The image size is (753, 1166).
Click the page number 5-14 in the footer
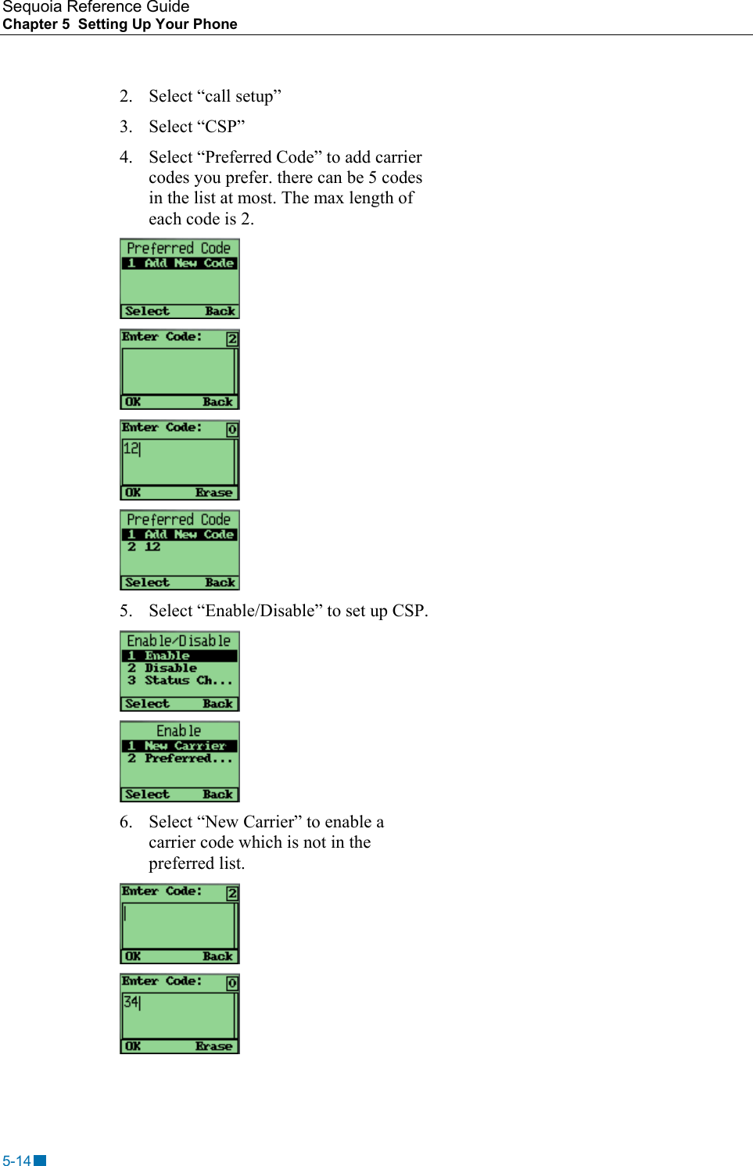coord(16,1161)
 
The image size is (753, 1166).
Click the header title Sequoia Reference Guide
coord(95,7)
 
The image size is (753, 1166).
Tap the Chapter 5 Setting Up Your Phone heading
coord(120,24)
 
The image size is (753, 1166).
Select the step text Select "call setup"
coord(214,96)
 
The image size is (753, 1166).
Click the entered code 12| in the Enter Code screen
coord(131,449)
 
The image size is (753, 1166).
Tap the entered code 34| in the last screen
coord(131,1003)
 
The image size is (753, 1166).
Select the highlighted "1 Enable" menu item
coord(167,656)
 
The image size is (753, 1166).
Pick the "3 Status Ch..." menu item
coord(180,680)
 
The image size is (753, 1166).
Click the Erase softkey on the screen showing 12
coord(213,493)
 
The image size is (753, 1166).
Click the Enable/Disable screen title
coord(179,641)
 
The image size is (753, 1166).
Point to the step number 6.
coord(125,822)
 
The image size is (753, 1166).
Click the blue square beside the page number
coord(40,1161)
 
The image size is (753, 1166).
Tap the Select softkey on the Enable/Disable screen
coord(147,704)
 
